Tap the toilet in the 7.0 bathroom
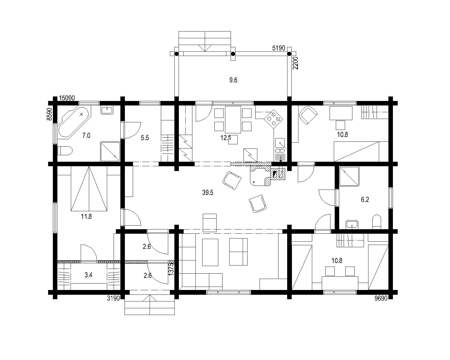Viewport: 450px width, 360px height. (x=65, y=151)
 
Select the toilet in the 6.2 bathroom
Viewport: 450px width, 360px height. (x=377, y=222)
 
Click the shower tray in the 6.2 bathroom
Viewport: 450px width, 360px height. (x=349, y=176)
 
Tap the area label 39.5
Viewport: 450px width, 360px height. (x=208, y=193)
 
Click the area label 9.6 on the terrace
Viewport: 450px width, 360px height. (x=233, y=80)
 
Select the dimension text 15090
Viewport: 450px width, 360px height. (x=67, y=98)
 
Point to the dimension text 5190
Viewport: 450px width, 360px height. (x=278, y=48)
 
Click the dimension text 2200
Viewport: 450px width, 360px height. (x=295, y=63)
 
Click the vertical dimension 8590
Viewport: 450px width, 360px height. (x=49, y=114)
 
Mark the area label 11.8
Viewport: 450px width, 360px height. (x=86, y=217)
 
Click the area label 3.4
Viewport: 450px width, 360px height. (x=88, y=275)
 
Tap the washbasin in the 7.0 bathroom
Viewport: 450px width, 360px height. (x=107, y=110)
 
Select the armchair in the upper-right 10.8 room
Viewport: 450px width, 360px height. (x=308, y=115)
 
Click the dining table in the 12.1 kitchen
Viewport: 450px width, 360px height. (x=233, y=120)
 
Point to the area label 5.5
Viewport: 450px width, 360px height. (x=145, y=138)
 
